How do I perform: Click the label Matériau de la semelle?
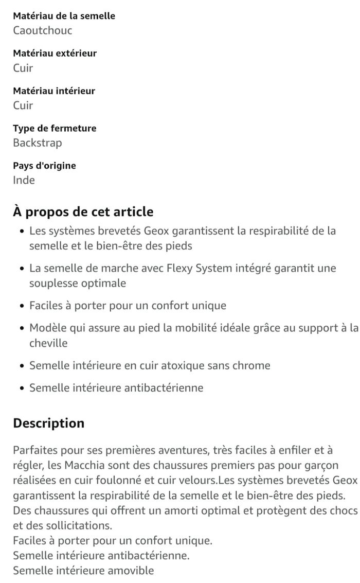click(64, 16)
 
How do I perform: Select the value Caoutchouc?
click(43, 30)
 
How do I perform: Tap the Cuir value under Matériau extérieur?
click(23, 68)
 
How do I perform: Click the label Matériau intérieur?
click(54, 91)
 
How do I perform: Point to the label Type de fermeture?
click(55, 128)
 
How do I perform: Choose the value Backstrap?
click(38, 143)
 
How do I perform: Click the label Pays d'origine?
click(44, 166)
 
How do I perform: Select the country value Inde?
click(24, 180)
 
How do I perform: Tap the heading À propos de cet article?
click(83, 211)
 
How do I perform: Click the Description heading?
click(49, 423)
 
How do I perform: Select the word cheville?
click(48, 343)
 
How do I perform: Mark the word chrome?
click(252, 366)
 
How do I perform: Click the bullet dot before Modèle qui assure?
click(22, 328)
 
